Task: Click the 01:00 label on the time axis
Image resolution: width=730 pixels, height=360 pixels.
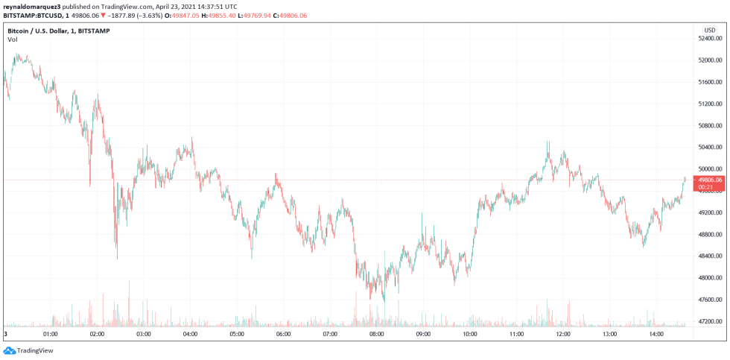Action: click(51, 334)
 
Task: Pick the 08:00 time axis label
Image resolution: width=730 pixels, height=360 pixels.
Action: click(377, 334)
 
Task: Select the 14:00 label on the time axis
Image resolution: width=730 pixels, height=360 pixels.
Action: click(657, 334)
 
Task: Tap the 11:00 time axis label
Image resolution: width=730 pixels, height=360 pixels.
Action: click(517, 334)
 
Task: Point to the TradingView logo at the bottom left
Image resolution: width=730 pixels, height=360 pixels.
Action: click(22, 350)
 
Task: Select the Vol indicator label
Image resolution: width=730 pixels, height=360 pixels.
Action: click(12, 40)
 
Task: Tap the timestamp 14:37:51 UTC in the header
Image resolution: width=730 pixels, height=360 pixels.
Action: click(211, 5)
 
